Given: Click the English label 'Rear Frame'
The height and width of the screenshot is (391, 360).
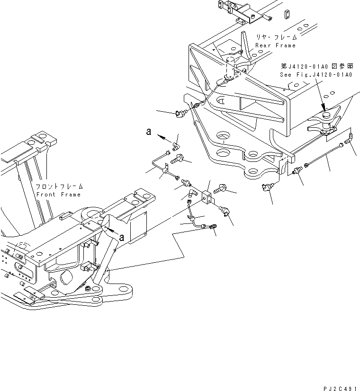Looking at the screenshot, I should pyautogui.click(x=275, y=45).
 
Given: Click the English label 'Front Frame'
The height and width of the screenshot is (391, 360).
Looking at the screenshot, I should pyautogui.click(x=58, y=195).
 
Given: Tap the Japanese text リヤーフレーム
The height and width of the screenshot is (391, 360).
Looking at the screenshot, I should pyautogui.click(x=277, y=37).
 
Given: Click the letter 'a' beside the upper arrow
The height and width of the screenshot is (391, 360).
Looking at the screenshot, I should pyautogui.click(x=149, y=133).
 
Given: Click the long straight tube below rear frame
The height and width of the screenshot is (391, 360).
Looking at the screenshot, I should pyautogui.click(x=325, y=156).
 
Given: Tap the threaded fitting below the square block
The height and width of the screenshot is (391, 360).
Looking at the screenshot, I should pyautogui.click(x=213, y=229).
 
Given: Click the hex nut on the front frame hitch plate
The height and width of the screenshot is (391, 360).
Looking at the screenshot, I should pyautogui.click(x=88, y=288).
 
